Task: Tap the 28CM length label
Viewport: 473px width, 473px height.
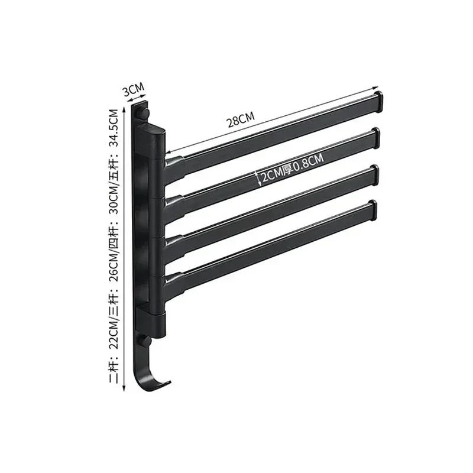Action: tap(241, 121)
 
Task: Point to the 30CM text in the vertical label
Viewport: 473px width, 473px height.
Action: tap(116, 204)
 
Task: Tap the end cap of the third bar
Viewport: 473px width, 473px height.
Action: tap(373, 174)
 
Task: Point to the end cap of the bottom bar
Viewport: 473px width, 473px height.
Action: tap(371, 211)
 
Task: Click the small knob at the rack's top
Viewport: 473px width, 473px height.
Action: tap(145, 110)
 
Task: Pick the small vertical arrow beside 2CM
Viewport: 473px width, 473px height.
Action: tap(256, 177)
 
